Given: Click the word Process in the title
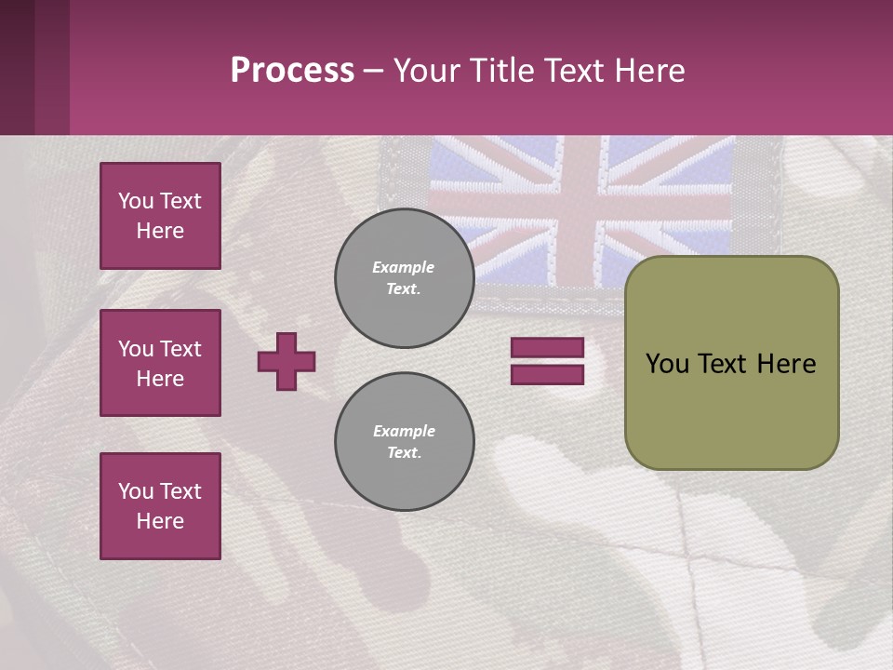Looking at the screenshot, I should (292, 71).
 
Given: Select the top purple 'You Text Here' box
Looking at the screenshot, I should (160, 216).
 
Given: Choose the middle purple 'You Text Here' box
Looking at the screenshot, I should (160, 363).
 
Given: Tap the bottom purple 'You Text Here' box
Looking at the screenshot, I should (160, 506).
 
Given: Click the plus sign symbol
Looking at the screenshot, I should (287, 361).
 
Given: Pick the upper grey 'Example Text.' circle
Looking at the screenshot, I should (404, 278).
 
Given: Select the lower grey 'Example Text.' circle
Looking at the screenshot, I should (404, 442).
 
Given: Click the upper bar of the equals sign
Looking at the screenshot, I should (547, 348).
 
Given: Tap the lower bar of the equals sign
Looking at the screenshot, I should (547, 374).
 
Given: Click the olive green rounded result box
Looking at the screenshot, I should (731, 409).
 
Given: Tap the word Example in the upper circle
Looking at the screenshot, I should (404, 267).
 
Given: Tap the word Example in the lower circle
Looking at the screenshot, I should (404, 431).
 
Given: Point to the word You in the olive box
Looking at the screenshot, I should (666, 364).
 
